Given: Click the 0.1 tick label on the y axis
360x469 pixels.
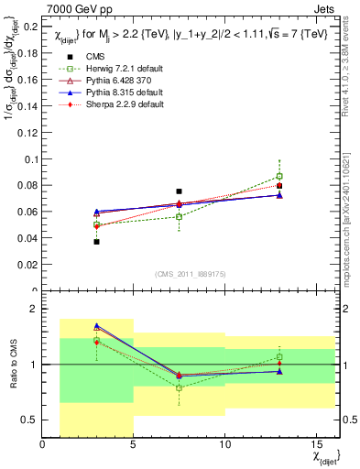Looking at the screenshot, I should (31, 159).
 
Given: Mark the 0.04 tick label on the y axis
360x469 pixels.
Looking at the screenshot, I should (27, 239).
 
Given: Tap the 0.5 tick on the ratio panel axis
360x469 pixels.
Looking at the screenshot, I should (29, 420).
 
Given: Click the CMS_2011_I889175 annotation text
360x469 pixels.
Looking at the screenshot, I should (179, 274).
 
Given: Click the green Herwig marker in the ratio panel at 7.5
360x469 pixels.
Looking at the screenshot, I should (179, 388).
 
